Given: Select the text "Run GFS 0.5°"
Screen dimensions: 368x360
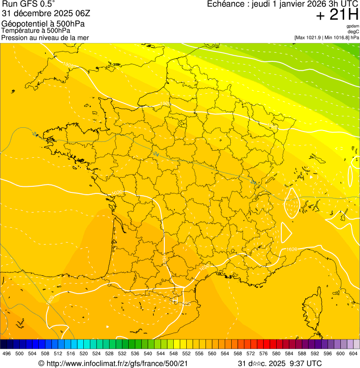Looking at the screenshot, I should (28, 5).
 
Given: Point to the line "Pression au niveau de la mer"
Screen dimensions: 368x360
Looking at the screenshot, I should (45, 37).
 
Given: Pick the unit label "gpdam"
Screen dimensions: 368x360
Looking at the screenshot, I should (353, 26).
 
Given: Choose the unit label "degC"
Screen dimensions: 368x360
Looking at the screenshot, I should (353, 31).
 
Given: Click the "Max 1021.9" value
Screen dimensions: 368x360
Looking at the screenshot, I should (310, 37).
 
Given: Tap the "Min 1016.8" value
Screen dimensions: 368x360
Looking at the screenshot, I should (335, 37).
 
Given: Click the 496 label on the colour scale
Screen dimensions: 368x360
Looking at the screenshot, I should (7, 353).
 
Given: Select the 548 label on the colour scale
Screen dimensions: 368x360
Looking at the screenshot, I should (174, 353).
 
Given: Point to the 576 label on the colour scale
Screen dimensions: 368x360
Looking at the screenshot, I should (264, 353).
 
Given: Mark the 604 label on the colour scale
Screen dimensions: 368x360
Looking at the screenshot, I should (353, 353).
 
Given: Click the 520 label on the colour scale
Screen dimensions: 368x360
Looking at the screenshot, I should (84, 353).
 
